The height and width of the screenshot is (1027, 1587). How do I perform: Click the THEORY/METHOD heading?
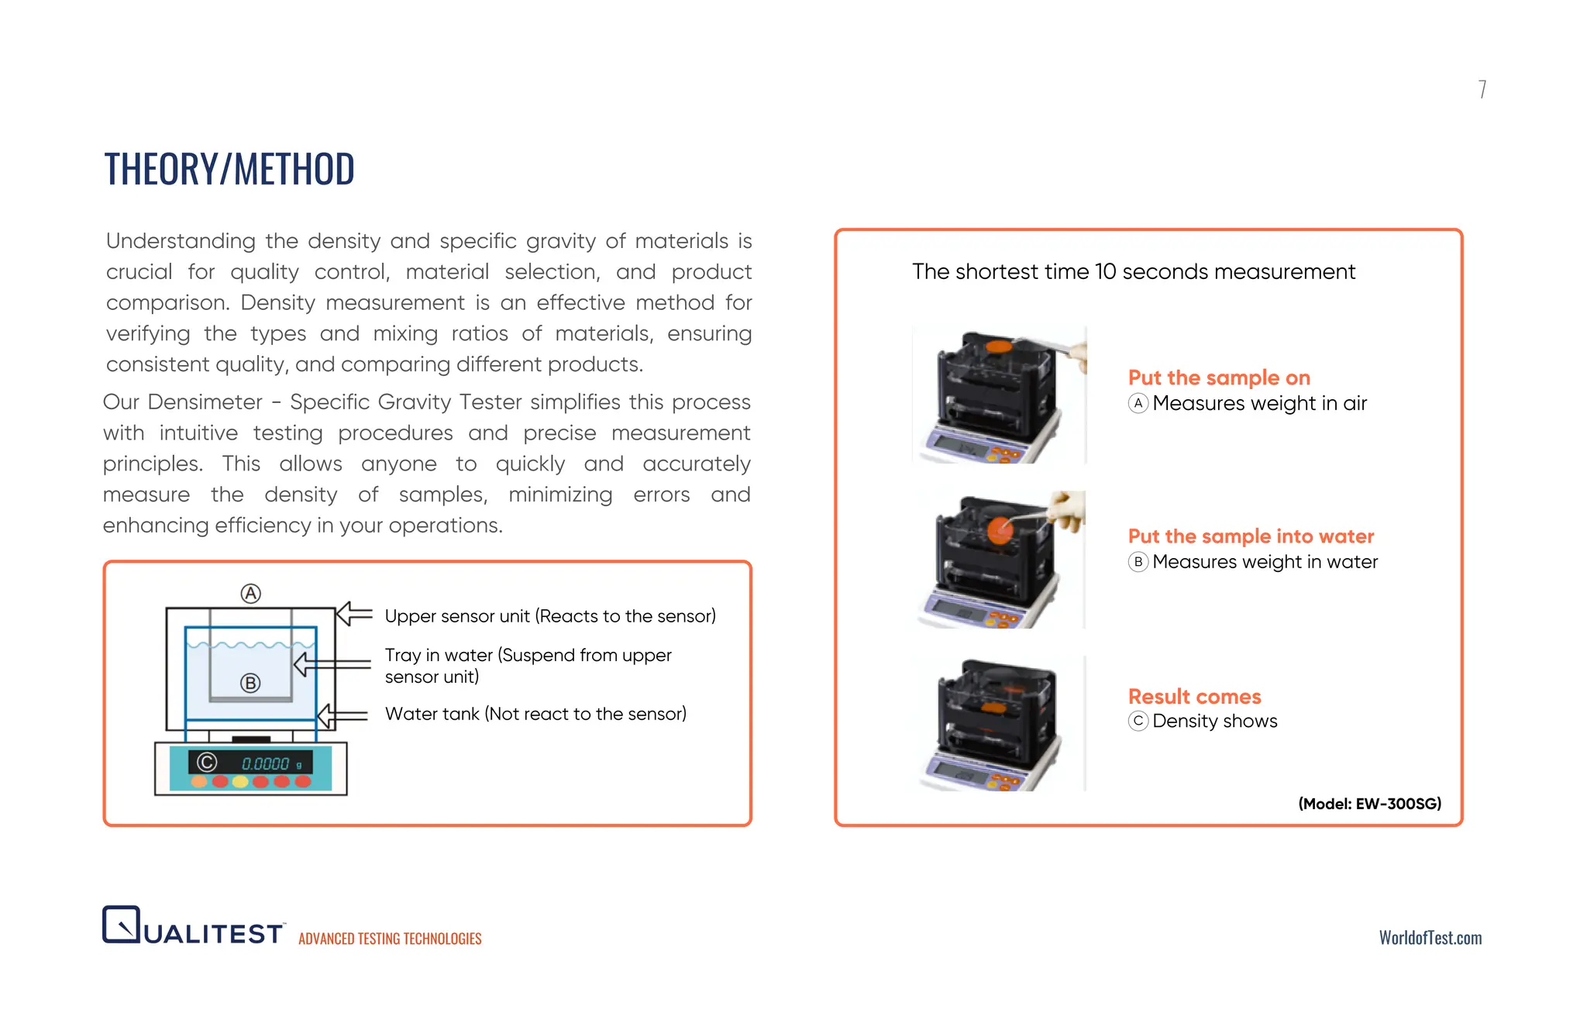(x=229, y=169)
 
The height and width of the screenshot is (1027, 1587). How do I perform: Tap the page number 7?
(x=1482, y=89)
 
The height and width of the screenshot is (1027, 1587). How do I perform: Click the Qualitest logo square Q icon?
(x=122, y=924)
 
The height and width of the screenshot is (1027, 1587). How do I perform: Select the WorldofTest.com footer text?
(x=1430, y=938)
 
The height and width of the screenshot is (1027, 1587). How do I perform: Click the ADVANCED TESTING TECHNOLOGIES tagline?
(x=390, y=939)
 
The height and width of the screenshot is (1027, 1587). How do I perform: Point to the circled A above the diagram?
(x=250, y=594)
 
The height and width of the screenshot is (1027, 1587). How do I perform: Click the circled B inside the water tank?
(x=250, y=683)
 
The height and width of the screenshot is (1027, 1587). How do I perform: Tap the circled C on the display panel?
(x=207, y=763)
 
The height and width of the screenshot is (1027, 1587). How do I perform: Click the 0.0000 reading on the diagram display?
(x=265, y=763)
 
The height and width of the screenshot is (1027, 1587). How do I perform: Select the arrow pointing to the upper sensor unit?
(x=354, y=615)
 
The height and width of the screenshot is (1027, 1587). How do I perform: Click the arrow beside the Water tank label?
(x=343, y=715)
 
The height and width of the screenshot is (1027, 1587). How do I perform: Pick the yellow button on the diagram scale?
(x=240, y=781)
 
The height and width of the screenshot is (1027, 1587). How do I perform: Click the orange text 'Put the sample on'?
(x=1219, y=377)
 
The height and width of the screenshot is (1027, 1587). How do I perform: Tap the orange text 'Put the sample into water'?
(x=1251, y=536)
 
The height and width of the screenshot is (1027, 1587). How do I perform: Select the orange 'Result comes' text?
(x=1194, y=696)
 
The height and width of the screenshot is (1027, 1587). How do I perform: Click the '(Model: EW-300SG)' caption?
(x=1369, y=804)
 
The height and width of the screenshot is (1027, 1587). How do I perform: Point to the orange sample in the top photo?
(x=999, y=346)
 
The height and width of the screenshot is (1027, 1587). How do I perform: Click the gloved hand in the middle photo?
(x=1067, y=510)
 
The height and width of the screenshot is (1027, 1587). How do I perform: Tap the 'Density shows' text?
(x=1214, y=721)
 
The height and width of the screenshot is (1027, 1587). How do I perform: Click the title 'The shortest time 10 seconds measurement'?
(x=1134, y=272)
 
